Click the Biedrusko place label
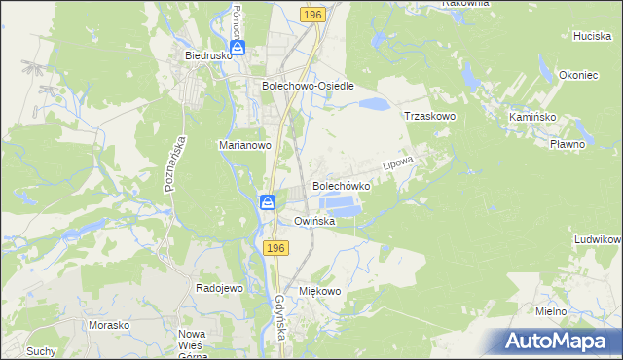(206, 55)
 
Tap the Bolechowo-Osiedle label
(307, 85)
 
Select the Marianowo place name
(243, 145)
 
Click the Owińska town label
(314, 221)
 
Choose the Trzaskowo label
(430, 115)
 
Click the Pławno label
(567, 144)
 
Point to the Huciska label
(592, 35)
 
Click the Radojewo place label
(219, 289)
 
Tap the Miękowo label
(320, 291)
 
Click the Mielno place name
(552, 311)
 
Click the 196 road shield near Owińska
(275, 249)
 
